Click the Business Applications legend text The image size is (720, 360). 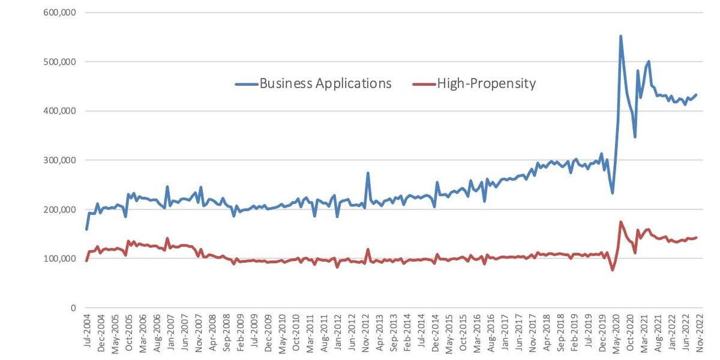coord(325,83)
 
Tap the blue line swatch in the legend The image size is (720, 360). coord(246,84)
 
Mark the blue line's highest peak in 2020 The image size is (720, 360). coord(620,36)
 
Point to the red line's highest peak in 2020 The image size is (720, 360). coord(620,222)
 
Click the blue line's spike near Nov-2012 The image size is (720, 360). coord(368,173)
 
